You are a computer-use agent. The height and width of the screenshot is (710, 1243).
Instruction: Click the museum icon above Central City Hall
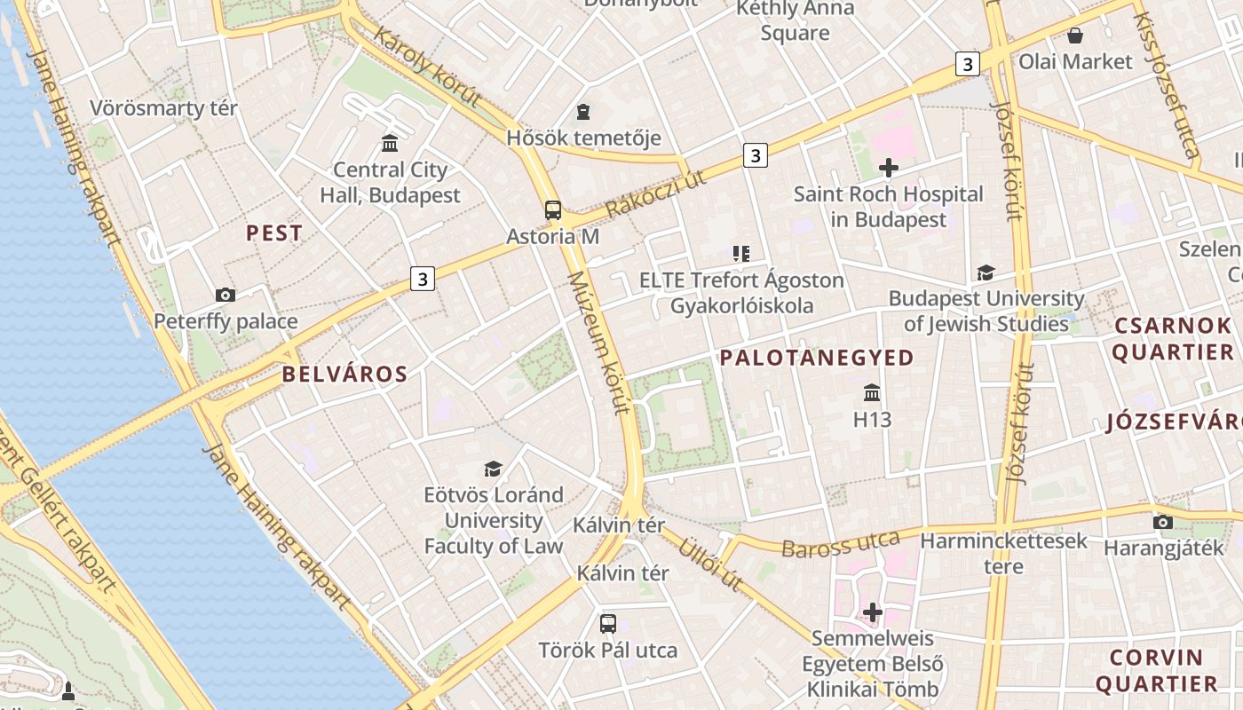click(389, 143)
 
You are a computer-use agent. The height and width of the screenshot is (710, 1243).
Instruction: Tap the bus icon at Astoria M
click(552, 210)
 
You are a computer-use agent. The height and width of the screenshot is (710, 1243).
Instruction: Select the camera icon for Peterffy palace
click(226, 295)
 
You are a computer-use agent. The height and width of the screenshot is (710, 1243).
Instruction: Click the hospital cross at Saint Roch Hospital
click(888, 167)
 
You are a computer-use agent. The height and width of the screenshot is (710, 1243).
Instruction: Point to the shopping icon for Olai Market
click(1074, 35)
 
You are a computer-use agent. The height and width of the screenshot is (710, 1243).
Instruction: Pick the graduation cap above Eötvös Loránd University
click(493, 469)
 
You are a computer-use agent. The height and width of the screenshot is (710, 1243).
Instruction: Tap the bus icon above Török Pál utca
click(608, 623)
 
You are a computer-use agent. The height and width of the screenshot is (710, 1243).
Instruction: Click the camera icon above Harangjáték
click(1163, 522)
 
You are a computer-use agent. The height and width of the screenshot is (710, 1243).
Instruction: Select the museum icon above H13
click(872, 392)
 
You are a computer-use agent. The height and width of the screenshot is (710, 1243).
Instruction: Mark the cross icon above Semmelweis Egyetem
click(873, 611)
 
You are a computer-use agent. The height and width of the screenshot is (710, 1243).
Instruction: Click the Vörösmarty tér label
click(164, 108)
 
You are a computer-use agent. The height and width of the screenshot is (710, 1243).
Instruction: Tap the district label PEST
click(274, 233)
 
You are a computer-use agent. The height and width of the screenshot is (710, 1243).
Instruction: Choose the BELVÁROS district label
click(344, 375)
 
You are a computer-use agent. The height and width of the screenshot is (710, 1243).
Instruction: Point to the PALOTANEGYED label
click(817, 358)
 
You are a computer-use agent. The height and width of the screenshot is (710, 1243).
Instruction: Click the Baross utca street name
click(841, 543)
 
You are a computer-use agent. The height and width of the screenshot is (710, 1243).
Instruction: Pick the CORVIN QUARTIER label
click(1156, 671)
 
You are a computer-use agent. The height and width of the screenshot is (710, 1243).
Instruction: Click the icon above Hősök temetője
click(583, 112)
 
